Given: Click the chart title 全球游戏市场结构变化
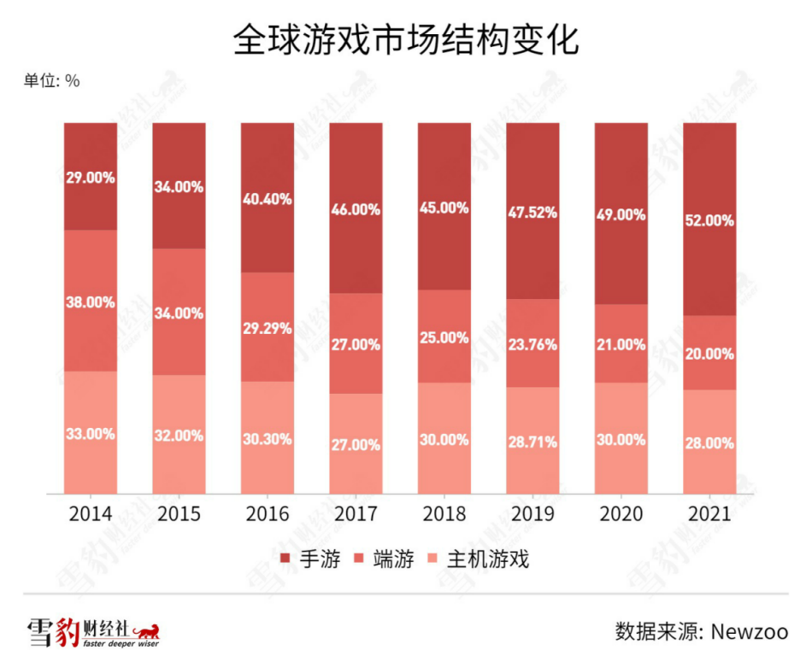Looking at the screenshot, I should tap(405, 40).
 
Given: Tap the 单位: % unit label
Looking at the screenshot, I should tap(51, 81).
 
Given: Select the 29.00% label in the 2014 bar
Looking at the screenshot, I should tap(91, 178).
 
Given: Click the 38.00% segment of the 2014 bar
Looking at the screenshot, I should tap(91, 302).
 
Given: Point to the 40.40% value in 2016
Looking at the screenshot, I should tap(267, 198).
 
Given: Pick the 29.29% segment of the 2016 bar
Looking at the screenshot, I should tap(267, 328).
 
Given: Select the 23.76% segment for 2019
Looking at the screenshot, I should tap(532, 344).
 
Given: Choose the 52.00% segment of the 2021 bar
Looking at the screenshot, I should tap(709, 220).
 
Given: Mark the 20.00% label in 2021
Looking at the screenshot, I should tap(709, 354).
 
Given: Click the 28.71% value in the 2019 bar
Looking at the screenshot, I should tap(532, 442).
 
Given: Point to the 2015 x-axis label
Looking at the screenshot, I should tap(179, 514).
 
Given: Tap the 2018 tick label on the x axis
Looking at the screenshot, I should tap(444, 514).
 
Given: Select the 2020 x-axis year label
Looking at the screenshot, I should tap(621, 514).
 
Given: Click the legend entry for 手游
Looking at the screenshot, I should tap(310, 560).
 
